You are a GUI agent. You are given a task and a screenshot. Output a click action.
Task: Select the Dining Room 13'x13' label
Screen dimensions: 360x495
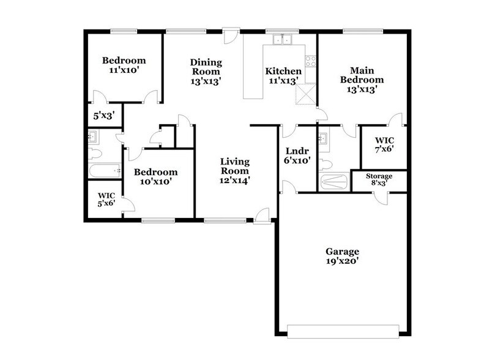(206, 72)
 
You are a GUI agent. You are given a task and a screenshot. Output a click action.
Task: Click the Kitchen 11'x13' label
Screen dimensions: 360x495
(283, 76)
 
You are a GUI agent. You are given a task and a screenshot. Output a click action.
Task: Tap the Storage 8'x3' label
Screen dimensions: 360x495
(379, 180)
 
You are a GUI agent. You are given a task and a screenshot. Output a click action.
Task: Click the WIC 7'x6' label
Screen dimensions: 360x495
(384, 144)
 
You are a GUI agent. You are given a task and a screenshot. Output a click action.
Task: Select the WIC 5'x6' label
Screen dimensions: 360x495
(103, 201)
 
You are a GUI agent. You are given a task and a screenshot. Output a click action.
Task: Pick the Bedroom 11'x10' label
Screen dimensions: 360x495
(124, 65)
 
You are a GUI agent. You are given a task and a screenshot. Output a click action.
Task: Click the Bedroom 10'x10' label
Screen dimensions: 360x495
(156, 177)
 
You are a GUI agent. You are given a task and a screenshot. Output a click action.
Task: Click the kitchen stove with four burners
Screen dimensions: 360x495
(310, 61)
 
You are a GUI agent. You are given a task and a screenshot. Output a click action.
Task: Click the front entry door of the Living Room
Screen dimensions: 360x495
(262, 215)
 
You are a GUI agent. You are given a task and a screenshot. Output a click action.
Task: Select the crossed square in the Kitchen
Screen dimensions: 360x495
(305, 96)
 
